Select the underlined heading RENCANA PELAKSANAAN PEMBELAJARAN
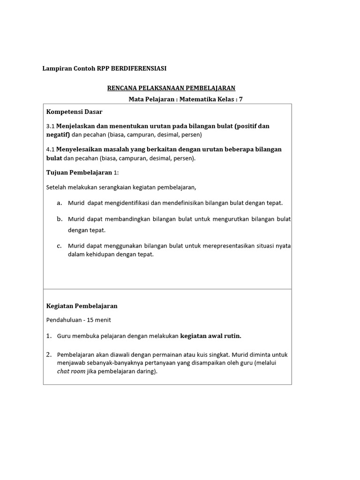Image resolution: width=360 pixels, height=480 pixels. [171, 88]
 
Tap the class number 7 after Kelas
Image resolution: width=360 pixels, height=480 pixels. [241, 99]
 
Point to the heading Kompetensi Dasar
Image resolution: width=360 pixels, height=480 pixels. [74, 112]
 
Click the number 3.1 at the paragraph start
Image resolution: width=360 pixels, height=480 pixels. [51, 127]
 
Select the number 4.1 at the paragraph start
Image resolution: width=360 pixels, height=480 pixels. [51, 150]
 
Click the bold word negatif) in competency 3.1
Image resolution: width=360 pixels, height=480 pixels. [58, 135]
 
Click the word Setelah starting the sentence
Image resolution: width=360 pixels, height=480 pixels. [56, 188]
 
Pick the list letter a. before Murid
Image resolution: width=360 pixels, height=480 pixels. [59, 203]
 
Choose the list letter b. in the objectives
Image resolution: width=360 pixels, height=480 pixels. [60, 219]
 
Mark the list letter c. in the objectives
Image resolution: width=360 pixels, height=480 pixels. [59, 246]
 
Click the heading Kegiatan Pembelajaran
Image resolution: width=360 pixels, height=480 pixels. [82, 306]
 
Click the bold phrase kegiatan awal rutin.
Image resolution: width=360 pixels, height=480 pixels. [210, 336]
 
